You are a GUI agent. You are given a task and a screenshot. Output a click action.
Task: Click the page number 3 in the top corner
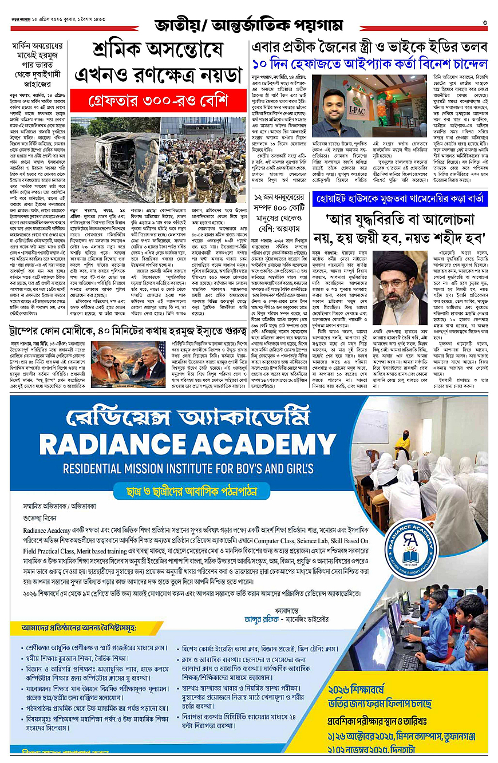[484, 22]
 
